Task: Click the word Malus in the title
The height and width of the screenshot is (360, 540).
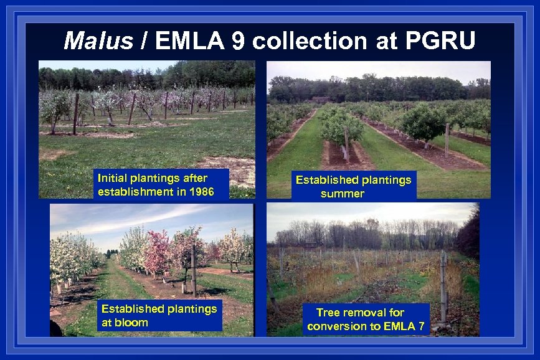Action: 98,41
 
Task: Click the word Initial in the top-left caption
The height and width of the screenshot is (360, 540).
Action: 113,179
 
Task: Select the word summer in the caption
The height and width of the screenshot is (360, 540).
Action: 342,194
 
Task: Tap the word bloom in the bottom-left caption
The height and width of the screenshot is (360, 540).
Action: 131,323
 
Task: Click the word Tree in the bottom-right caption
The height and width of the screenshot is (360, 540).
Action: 328,312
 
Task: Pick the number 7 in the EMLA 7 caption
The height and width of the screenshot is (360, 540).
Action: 421,326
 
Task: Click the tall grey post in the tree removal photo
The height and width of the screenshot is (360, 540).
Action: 443,287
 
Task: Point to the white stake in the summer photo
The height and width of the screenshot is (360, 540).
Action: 447,140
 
